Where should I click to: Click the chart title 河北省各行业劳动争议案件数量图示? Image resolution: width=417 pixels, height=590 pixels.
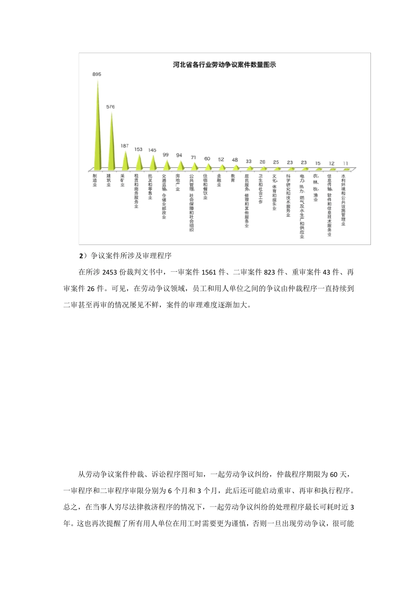224,65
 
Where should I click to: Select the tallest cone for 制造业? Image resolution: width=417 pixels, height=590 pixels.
97,132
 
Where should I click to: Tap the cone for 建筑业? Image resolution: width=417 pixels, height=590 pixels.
111,145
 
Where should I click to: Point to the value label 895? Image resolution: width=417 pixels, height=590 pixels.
97,74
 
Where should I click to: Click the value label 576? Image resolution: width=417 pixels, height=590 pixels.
111,107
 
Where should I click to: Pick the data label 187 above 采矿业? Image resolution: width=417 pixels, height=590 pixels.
125,146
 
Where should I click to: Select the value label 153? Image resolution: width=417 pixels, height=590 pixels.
139,149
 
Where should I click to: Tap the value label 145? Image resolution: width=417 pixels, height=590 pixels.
152,150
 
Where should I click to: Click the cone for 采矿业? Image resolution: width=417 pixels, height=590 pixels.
125,162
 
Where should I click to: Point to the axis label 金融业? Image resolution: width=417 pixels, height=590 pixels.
219,181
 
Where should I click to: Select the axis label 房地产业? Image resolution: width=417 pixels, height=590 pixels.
178,183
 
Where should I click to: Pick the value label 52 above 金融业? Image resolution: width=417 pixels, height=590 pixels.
221,159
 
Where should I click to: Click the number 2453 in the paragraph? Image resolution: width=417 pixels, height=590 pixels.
110,272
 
